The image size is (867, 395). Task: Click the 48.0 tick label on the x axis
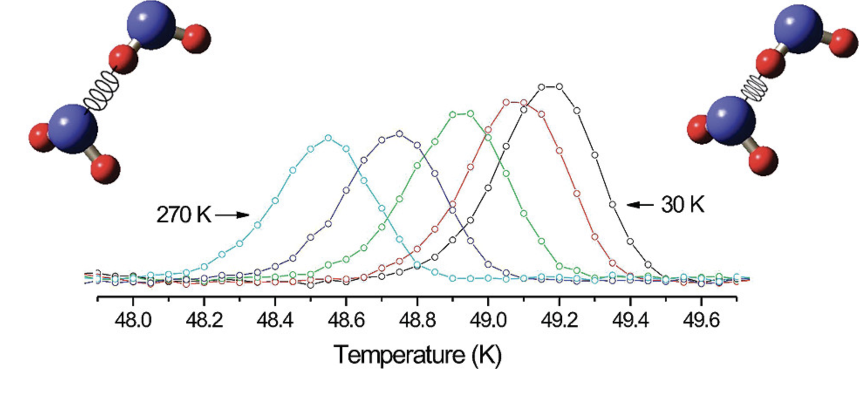133,321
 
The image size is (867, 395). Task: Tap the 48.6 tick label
346,321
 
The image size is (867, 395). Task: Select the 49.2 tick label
559,321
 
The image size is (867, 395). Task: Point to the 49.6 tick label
701,321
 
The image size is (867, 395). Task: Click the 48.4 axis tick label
275,321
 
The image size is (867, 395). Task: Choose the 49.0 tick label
488,321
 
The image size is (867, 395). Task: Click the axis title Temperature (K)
417,355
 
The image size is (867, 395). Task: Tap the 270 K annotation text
184,215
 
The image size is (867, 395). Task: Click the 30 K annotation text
683,204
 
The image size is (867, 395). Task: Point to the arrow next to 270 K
232,215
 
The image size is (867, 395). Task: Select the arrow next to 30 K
640,204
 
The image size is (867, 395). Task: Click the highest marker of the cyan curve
328,138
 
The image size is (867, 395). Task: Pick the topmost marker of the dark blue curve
399,134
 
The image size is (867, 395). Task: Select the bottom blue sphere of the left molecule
73,129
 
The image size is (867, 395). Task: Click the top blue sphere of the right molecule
798,29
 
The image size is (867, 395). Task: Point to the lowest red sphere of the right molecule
763,161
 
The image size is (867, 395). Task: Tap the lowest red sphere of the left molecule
105,168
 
